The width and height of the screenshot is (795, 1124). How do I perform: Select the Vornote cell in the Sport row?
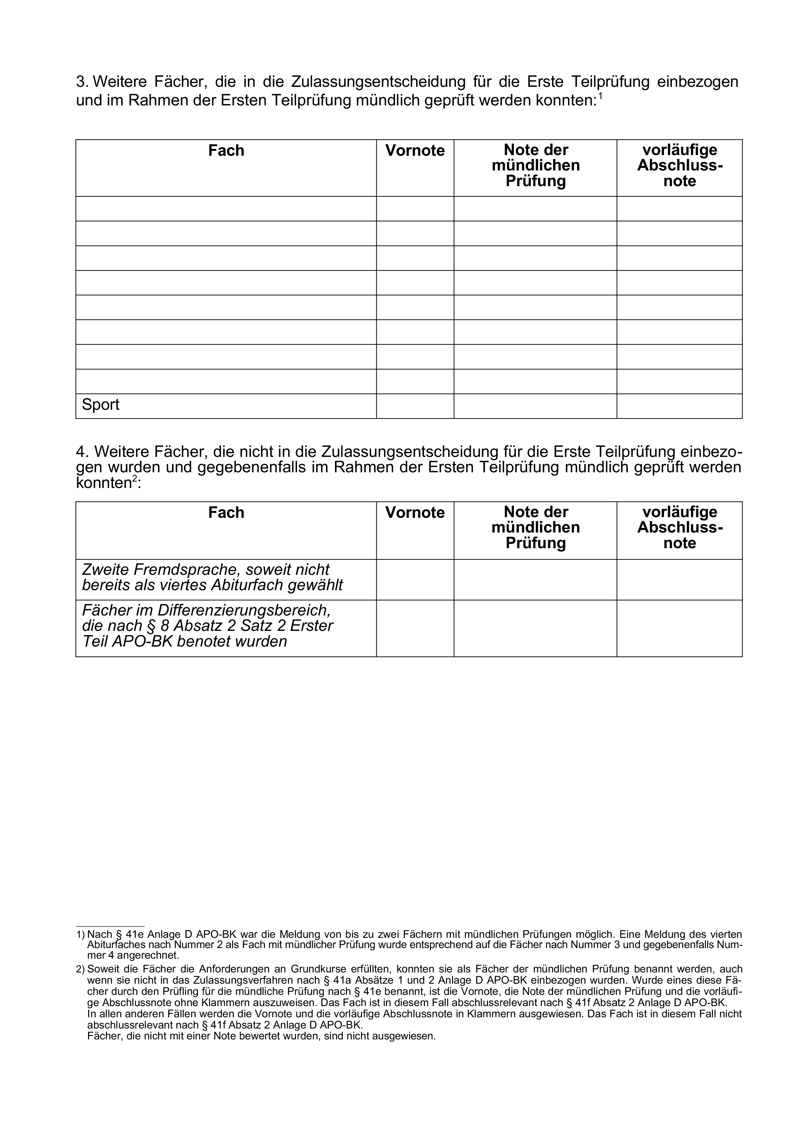(x=415, y=406)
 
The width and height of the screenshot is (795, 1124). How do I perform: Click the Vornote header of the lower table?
(x=415, y=513)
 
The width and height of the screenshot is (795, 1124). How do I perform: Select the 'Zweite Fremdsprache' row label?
(x=212, y=578)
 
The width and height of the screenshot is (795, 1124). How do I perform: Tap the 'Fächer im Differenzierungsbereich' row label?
(x=208, y=626)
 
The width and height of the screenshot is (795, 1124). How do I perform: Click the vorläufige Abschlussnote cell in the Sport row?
(x=679, y=406)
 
